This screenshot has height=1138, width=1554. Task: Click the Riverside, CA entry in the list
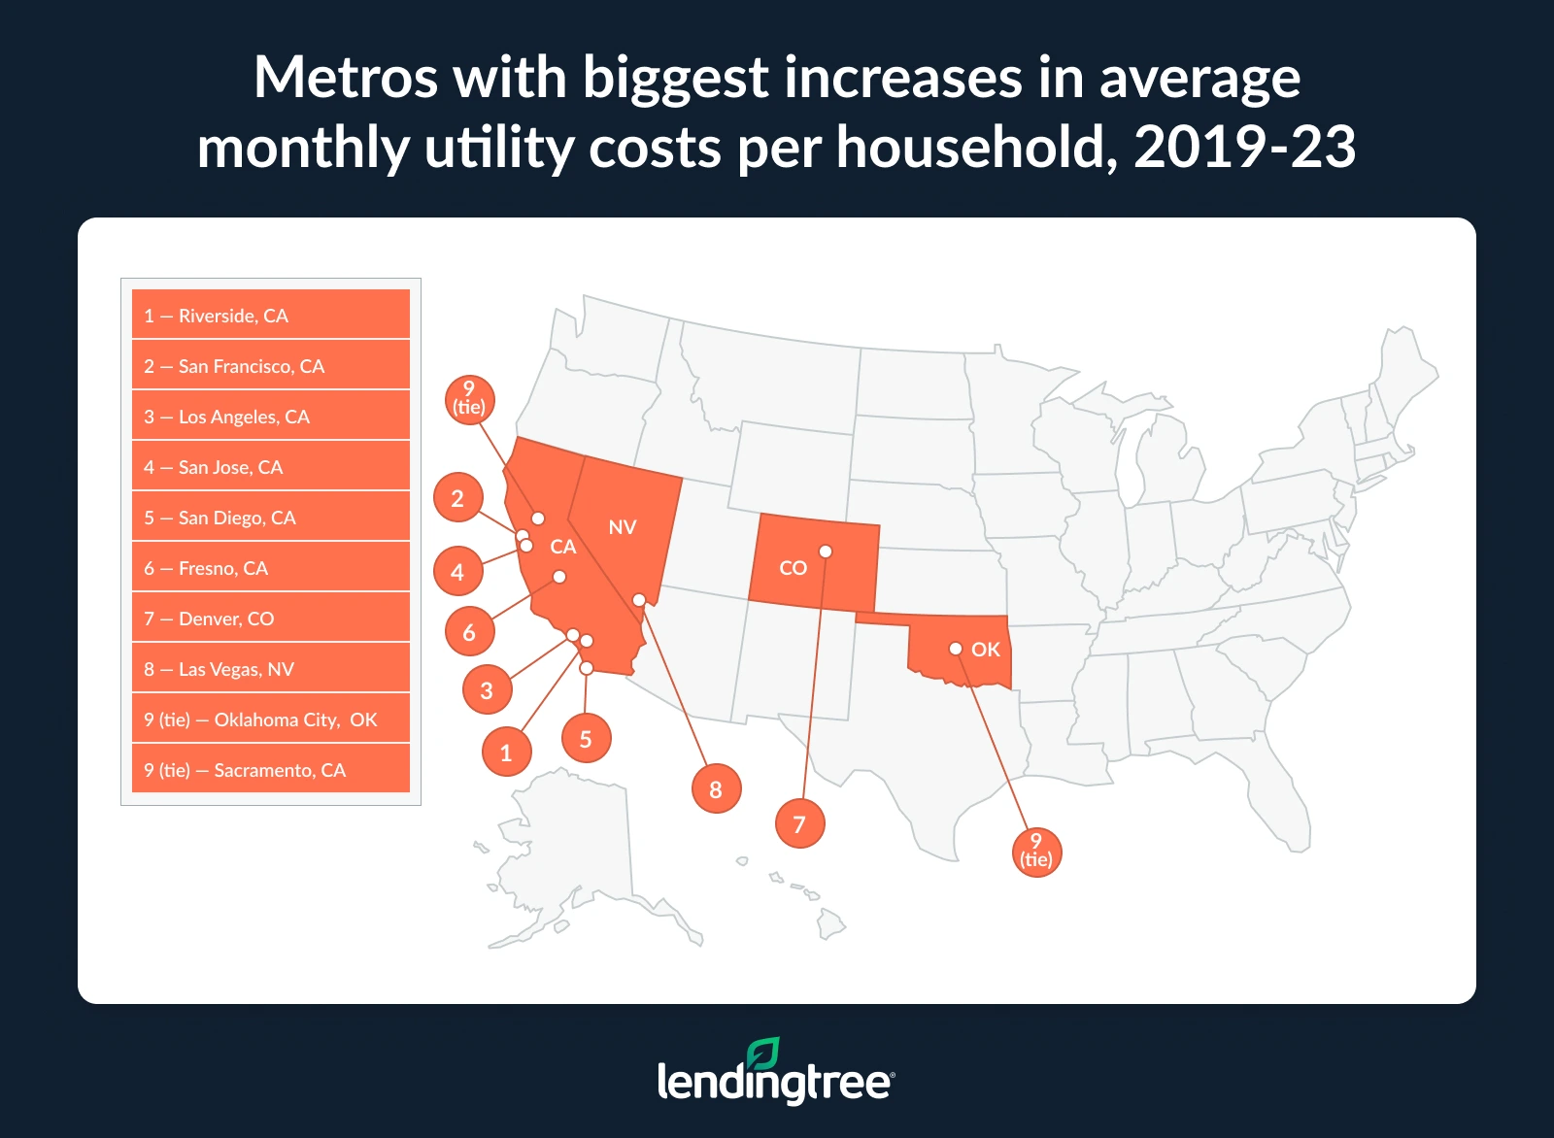tap(270, 316)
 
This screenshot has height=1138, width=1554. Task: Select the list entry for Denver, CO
tap(270, 619)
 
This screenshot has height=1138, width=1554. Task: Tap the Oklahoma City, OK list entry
tap(270, 720)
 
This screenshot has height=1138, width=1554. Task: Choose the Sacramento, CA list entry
tap(270, 770)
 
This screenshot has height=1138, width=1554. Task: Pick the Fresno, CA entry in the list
tap(270, 568)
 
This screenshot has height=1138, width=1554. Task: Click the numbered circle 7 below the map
tap(799, 824)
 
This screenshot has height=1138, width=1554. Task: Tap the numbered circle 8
tap(716, 789)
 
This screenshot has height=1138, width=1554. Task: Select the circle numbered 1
tap(506, 753)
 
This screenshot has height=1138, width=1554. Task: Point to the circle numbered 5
tap(586, 739)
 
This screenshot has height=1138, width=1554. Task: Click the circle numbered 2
tap(457, 498)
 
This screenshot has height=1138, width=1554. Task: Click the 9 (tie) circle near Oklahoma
tap(1036, 852)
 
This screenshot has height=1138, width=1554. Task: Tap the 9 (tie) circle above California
tap(469, 399)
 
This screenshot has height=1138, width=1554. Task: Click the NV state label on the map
tap(622, 527)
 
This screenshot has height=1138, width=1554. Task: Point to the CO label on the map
tap(793, 568)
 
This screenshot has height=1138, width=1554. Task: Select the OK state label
tap(985, 650)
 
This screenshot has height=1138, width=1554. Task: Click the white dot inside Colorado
tap(826, 552)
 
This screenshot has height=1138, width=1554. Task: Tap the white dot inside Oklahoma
tap(956, 649)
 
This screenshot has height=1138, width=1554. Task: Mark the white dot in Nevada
tap(638, 600)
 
